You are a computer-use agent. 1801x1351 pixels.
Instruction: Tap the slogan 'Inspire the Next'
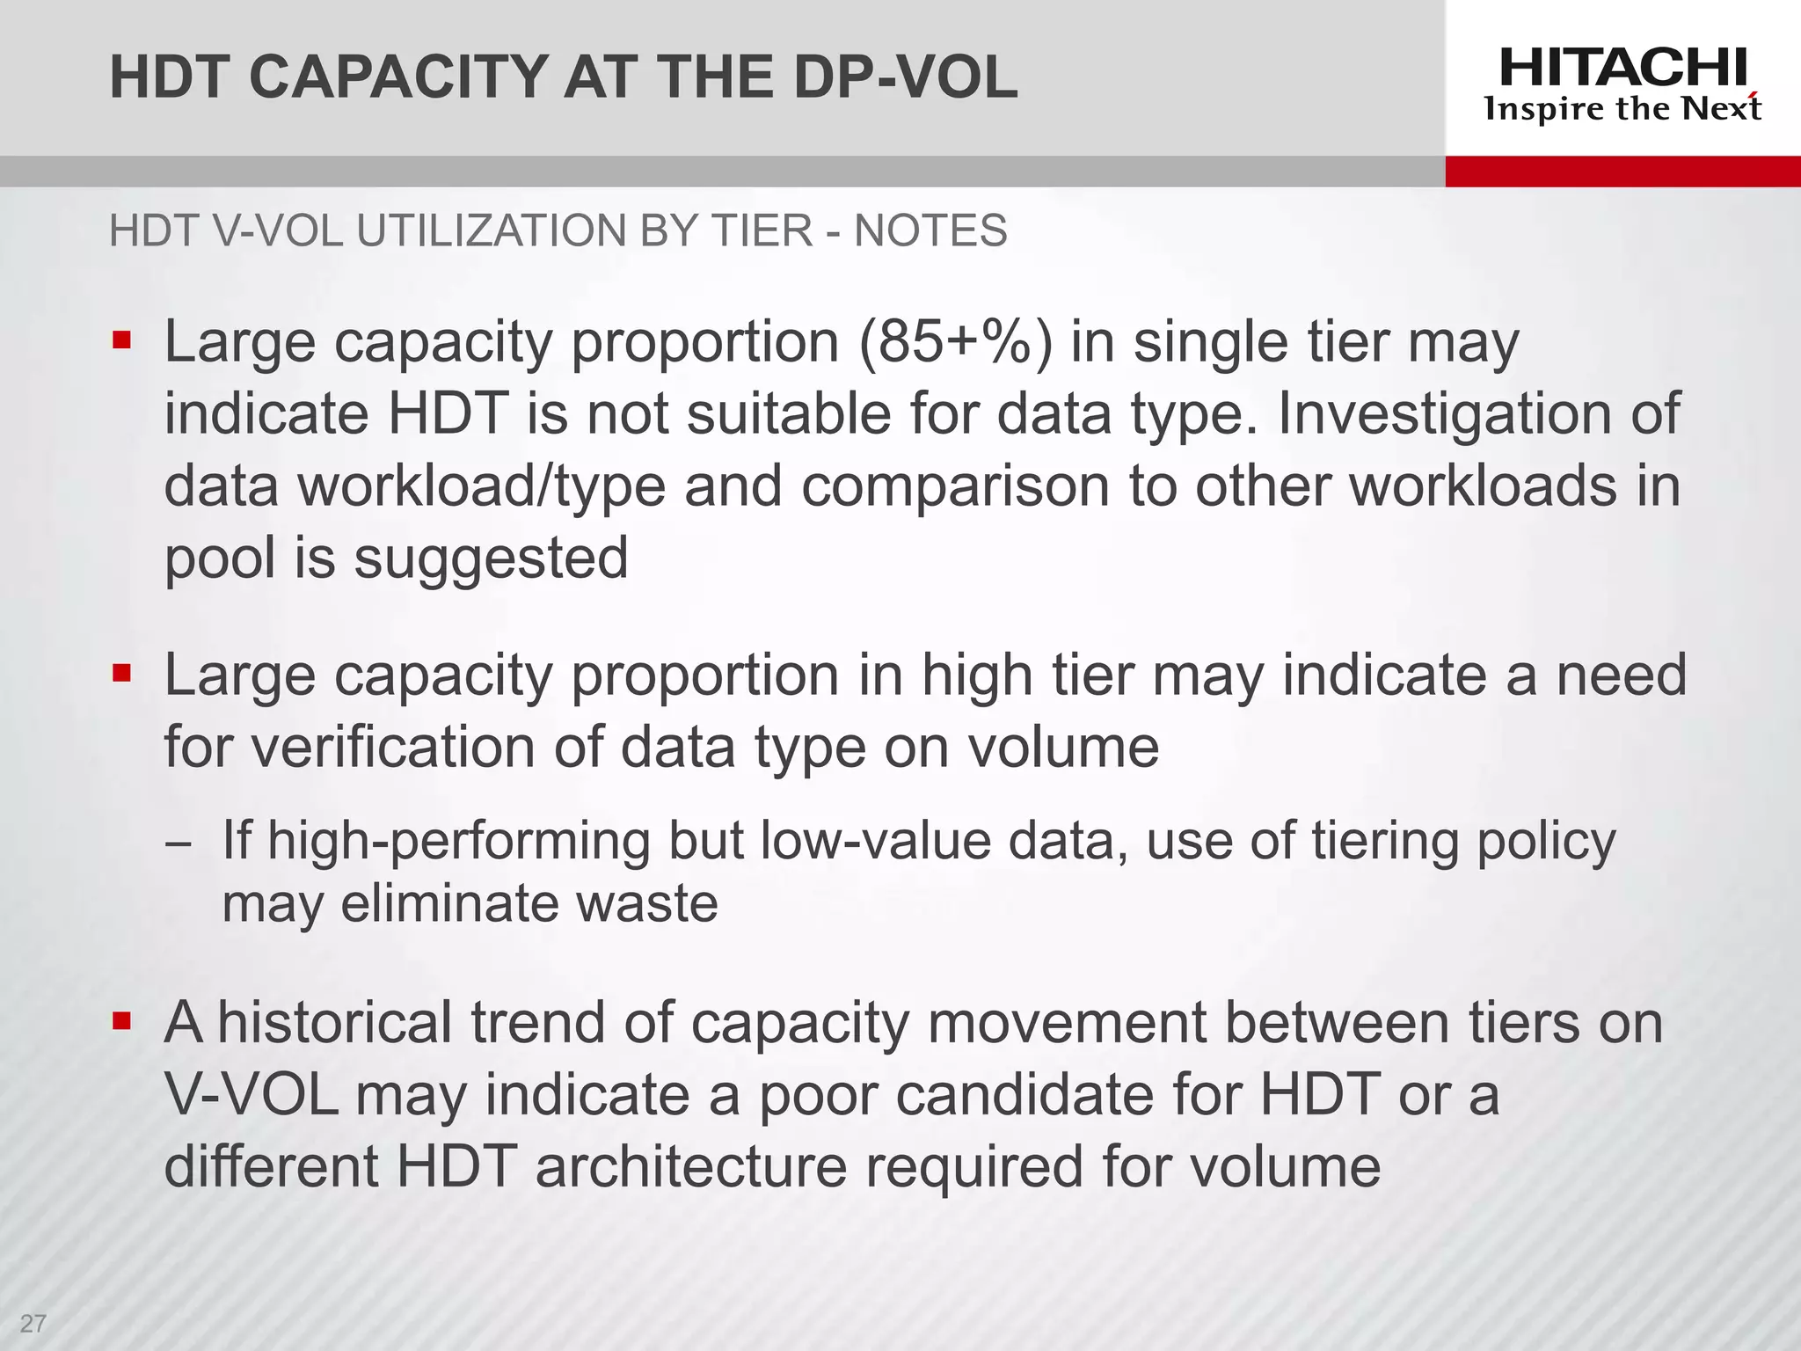1622,109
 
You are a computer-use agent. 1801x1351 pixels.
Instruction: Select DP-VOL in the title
905,77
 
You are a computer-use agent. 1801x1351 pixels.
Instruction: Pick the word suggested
491,559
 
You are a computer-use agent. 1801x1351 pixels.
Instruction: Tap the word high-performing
458,841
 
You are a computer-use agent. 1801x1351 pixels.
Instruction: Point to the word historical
334,1023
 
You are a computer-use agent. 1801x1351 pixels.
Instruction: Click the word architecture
691,1167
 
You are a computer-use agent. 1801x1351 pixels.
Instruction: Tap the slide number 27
33,1324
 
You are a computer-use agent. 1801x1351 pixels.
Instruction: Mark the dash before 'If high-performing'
177,842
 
